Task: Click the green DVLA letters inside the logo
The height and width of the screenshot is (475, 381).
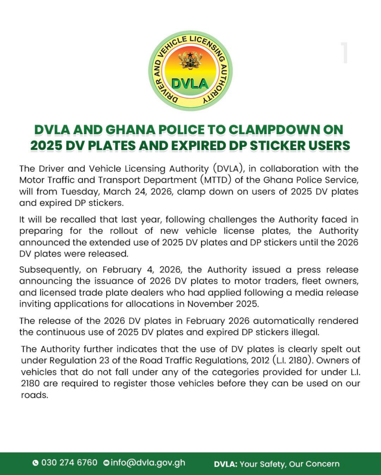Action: [x=190, y=83]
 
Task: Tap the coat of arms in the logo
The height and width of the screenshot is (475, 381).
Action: [x=190, y=60]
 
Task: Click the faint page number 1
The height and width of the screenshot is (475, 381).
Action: [x=344, y=53]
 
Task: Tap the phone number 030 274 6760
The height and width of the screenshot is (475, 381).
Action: [x=69, y=462]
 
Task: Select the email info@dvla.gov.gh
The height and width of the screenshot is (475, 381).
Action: [x=147, y=462]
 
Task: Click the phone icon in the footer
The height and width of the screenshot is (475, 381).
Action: [x=36, y=463]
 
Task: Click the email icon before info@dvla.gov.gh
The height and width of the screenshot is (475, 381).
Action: [x=106, y=463]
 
